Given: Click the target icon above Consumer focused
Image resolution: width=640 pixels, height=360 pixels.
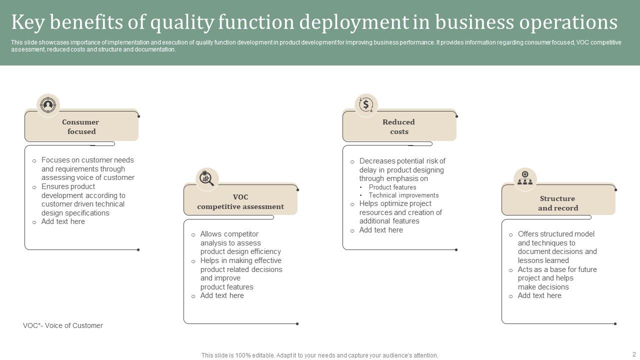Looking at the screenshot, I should pyautogui.click(x=48, y=105).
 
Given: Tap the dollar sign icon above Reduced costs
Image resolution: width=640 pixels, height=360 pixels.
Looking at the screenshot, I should pyautogui.click(x=366, y=105).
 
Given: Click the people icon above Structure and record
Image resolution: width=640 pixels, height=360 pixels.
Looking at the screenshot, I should pyautogui.click(x=525, y=179).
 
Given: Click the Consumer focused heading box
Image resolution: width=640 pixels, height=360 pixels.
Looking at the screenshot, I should pyautogui.click(x=81, y=126).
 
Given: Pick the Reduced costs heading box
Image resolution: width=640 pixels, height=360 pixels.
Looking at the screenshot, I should pyautogui.click(x=399, y=126).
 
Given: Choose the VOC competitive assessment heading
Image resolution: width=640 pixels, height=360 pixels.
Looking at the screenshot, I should pyautogui.click(x=240, y=201).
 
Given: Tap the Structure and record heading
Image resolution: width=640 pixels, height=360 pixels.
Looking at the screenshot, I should pyautogui.click(x=558, y=203).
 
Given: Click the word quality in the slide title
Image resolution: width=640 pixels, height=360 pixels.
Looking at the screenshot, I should pyautogui.click(x=182, y=23).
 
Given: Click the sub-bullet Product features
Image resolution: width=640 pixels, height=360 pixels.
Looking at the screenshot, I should pyautogui.click(x=392, y=187).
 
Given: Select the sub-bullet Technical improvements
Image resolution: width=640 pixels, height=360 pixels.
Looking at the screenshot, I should pyautogui.click(x=403, y=195).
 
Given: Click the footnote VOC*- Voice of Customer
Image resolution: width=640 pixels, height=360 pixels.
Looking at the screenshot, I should pyautogui.click(x=63, y=325).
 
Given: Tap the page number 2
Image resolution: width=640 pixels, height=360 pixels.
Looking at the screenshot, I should pyautogui.click(x=634, y=354).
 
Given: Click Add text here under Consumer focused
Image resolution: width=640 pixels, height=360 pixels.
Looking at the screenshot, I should pyautogui.click(x=63, y=221).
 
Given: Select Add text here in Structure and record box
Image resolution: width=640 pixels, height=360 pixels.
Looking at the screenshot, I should pyautogui.click(x=539, y=295).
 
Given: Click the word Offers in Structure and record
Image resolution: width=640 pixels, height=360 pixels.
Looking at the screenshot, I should pyautogui.click(x=528, y=234).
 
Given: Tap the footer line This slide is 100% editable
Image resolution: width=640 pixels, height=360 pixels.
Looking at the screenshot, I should pyautogui.click(x=319, y=355).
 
